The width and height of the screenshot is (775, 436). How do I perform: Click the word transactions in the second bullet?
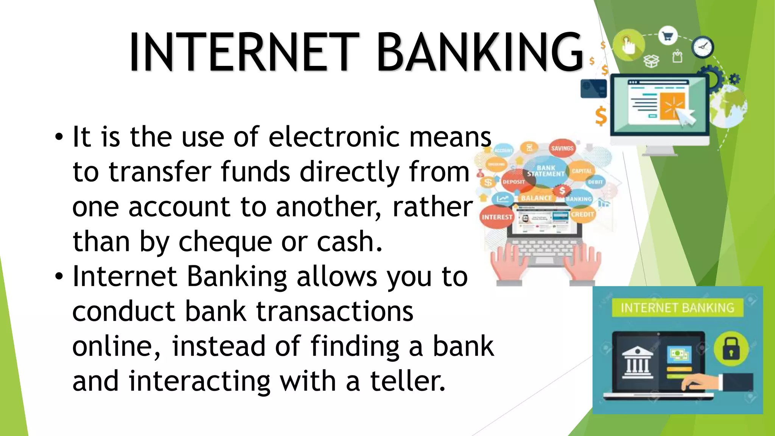click(335, 311)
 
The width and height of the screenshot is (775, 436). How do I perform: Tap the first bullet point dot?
click(59, 137)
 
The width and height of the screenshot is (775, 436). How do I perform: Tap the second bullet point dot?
click(59, 277)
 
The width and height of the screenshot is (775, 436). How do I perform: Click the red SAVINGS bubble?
click(562, 148)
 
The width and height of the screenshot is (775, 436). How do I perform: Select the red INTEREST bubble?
click(496, 217)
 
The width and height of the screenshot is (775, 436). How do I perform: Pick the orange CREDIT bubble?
click(582, 214)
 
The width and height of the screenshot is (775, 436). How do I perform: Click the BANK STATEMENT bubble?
click(546, 171)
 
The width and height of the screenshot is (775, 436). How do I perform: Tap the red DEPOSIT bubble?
click(514, 182)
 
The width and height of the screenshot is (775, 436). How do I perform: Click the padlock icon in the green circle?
click(731, 349)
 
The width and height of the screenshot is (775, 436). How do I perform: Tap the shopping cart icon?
click(668, 36)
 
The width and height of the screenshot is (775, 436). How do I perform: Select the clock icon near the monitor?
click(703, 47)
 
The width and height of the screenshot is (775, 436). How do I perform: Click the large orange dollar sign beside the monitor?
click(601, 116)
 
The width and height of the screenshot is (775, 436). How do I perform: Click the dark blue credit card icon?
click(593, 89)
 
